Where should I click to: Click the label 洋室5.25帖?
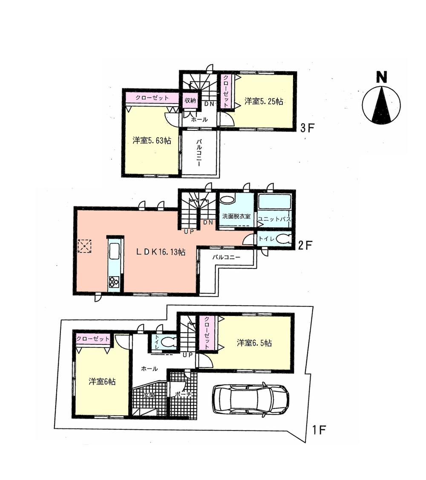pos(264,101)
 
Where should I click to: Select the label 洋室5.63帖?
pos(152,141)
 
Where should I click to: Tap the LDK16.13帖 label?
pos(161,252)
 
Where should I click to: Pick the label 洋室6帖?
pos(102,382)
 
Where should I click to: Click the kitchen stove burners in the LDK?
pos(114,282)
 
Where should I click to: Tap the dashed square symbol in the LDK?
pos(84,246)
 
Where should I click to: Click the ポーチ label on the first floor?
pos(184,395)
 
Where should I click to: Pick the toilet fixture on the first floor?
pos(168,342)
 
